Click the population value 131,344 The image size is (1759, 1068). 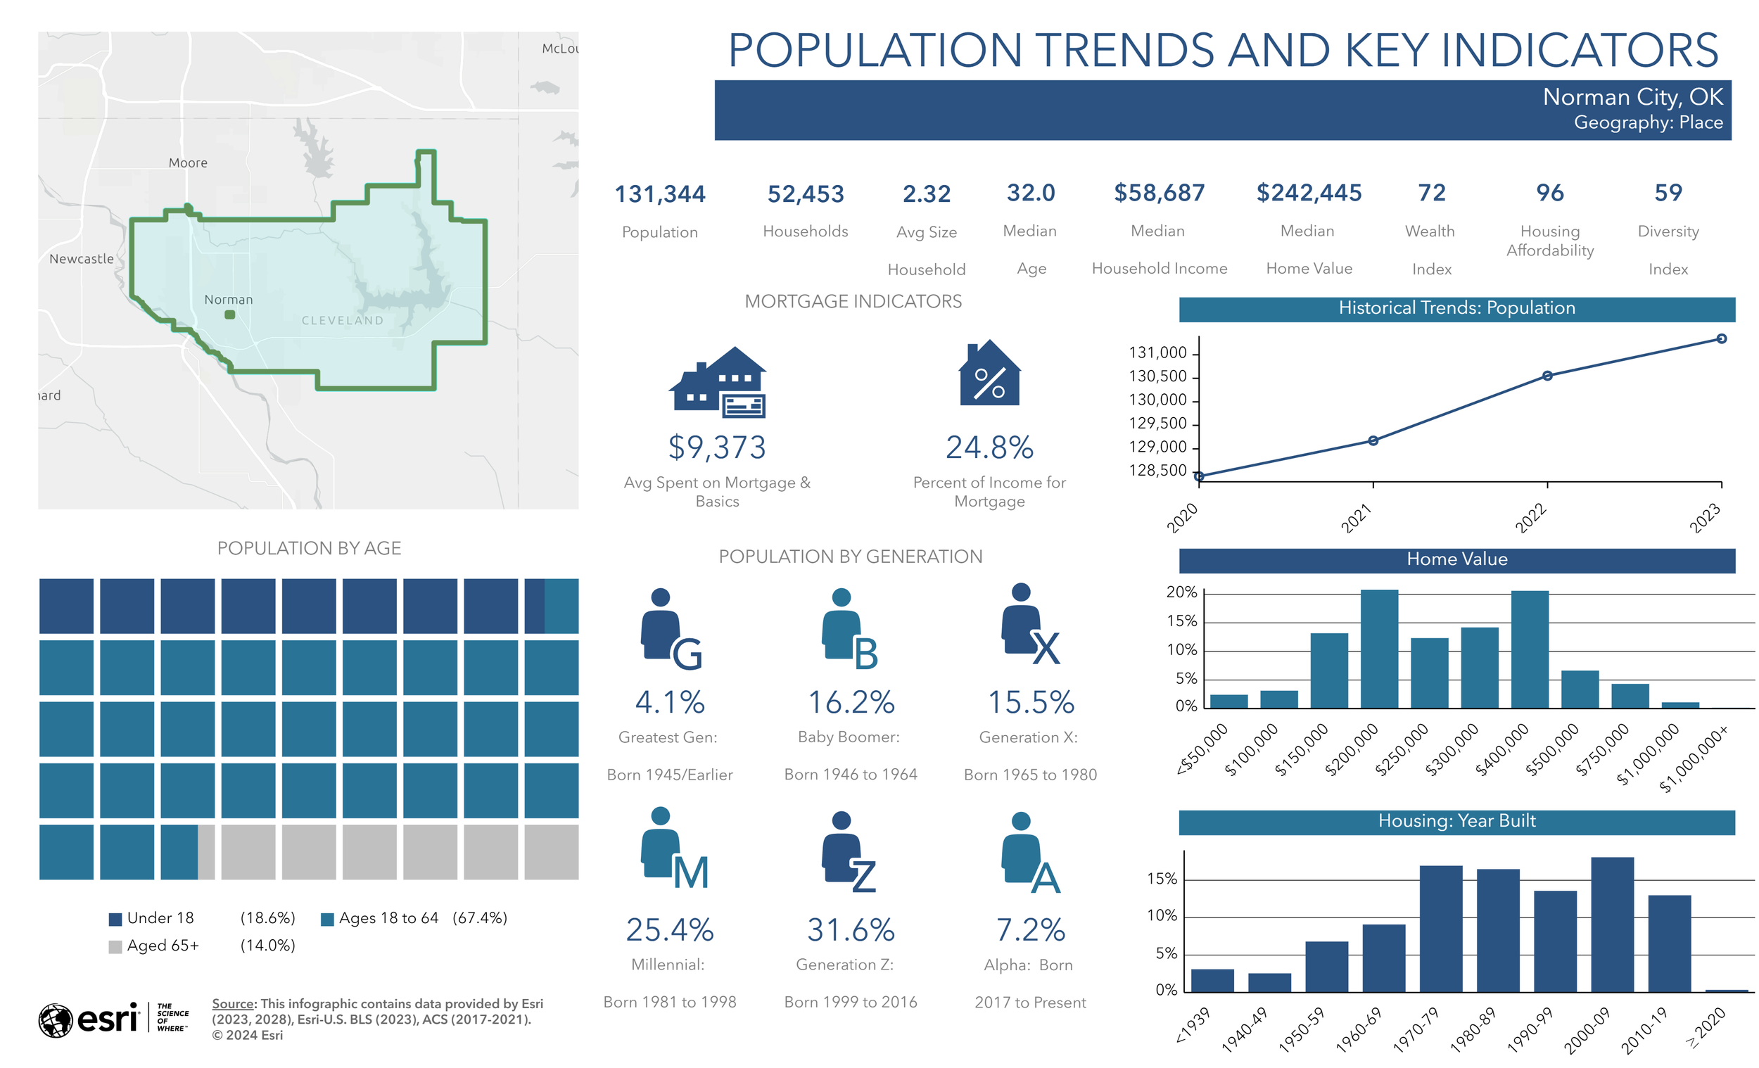(660, 193)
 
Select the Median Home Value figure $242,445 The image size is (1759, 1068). (1309, 193)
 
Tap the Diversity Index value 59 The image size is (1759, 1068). (1668, 193)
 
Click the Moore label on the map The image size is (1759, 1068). (188, 163)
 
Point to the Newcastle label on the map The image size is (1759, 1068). (81, 258)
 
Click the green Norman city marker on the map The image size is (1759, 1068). (230, 314)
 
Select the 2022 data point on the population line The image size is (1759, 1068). (1547, 376)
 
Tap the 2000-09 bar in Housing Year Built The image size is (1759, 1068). (1612, 924)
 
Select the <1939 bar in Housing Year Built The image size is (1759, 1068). (1212, 979)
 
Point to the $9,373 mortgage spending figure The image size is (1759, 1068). (717, 447)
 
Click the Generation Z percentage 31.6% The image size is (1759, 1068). (850, 929)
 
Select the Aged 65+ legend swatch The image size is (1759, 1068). (115, 947)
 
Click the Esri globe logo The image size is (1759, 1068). (56, 1020)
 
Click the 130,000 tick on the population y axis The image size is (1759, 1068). (1157, 400)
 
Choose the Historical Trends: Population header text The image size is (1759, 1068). (1456, 307)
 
